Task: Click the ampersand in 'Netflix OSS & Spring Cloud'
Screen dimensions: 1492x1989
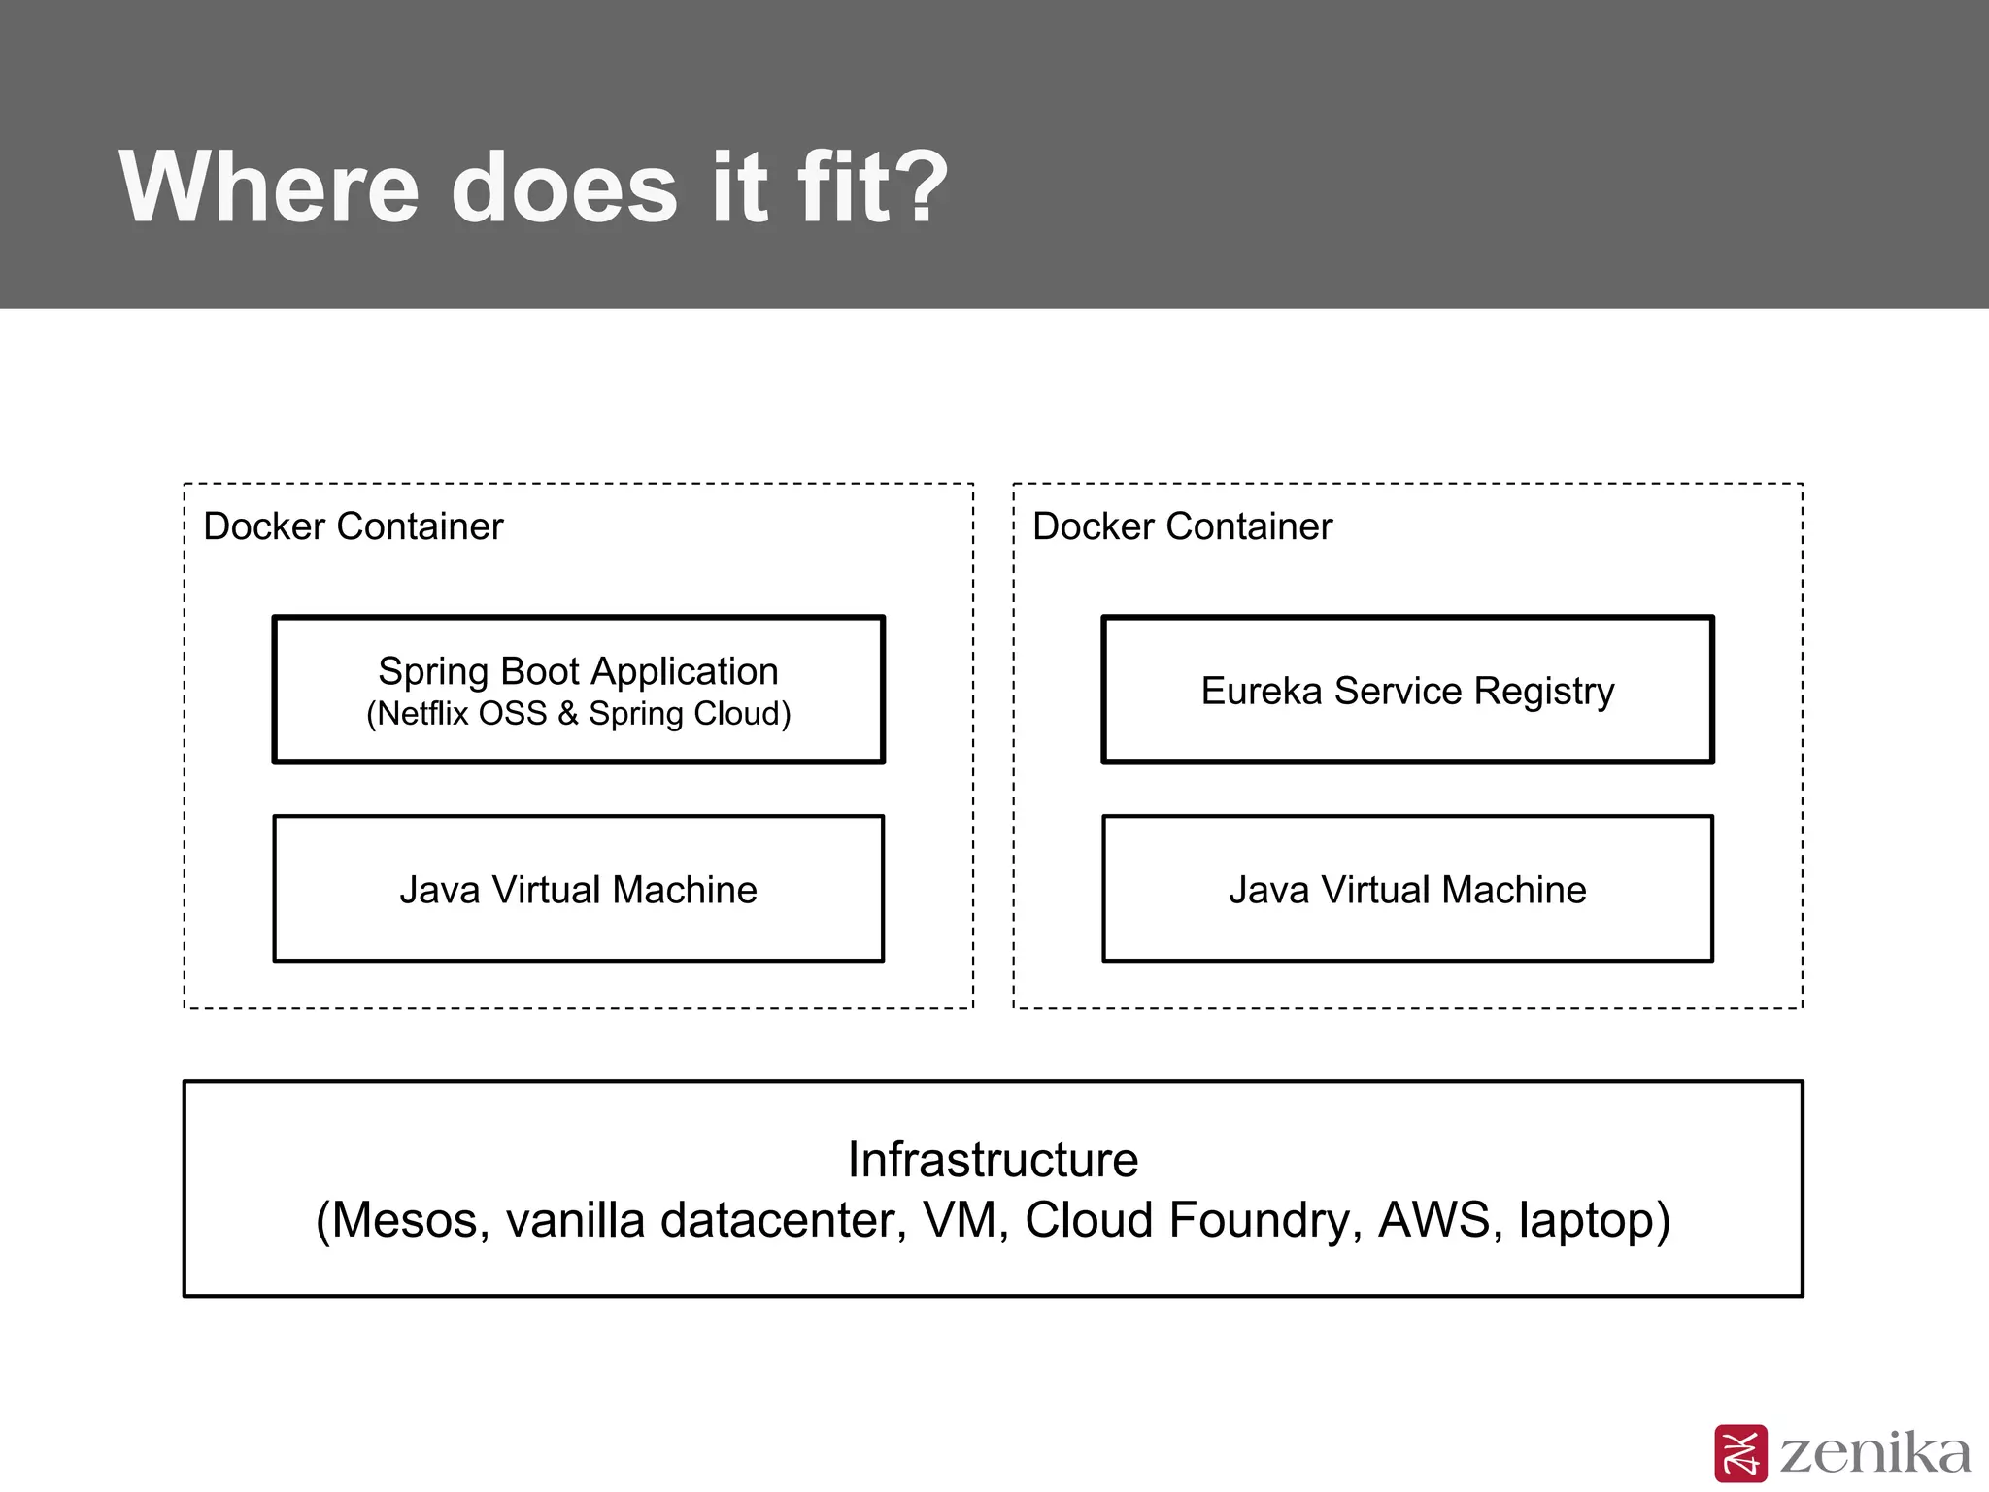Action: click(x=568, y=714)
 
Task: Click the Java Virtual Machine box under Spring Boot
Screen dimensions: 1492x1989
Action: click(x=579, y=889)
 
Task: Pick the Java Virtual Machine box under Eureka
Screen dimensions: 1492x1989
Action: click(x=1407, y=889)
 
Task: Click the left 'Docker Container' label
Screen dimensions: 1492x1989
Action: click(x=354, y=526)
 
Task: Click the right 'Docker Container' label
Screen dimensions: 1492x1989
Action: click(x=1182, y=526)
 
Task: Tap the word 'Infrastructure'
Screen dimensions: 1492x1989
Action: click(x=993, y=1160)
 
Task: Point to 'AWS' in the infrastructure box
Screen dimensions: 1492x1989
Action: click(x=1433, y=1220)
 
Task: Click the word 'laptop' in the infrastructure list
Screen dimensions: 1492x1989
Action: click(x=1585, y=1220)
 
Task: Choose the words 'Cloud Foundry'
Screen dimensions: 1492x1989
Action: click(x=1187, y=1220)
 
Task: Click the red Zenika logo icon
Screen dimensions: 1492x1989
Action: click(x=1740, y=1454)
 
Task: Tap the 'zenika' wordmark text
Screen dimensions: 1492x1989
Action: click(x=1874, y=1453)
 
